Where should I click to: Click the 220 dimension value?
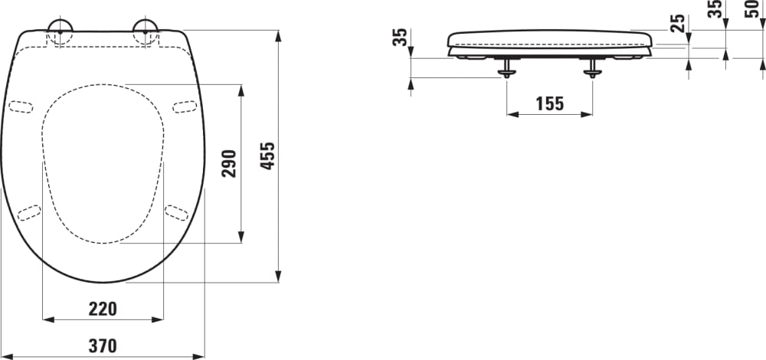click(103, 309)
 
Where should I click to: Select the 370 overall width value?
click(103, 346)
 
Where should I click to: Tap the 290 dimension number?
click(229, 163)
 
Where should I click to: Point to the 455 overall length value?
click(267, 156)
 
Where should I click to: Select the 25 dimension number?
click(678, 23)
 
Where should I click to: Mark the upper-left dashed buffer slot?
click(21, 106)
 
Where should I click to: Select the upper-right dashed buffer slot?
click(185, 106)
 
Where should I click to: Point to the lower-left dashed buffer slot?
click(29, 212)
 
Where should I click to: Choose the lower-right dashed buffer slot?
click(177, 212)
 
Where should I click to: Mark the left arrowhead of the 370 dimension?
click(6, 356)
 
